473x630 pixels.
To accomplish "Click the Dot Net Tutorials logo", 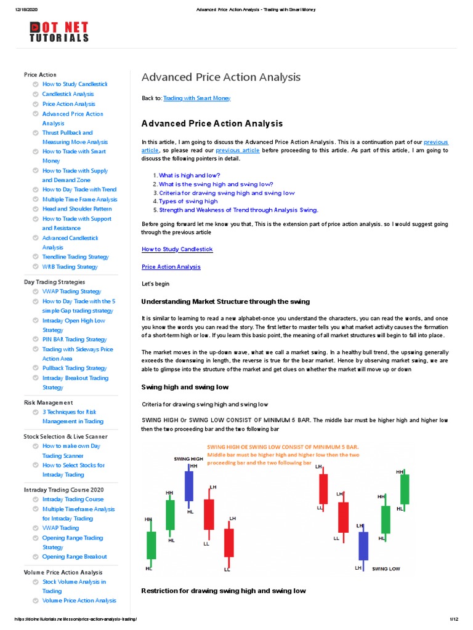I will tap(59, 31).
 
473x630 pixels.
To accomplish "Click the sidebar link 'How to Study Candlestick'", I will tap(75, 84).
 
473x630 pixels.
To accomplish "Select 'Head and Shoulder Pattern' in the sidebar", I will tap(77, 209).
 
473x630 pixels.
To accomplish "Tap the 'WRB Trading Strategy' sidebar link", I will tap(70, 267).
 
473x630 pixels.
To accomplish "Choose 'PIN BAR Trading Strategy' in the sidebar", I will tap(75, 340).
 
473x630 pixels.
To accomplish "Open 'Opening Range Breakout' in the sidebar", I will tap(75, 557).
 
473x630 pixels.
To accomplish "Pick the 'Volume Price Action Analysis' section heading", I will tap(63, 572).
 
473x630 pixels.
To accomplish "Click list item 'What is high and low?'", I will tap(189, 175).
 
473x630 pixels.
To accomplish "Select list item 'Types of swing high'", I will tap(188, 201).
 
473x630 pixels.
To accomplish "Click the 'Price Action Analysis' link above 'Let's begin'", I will tap(171, 267).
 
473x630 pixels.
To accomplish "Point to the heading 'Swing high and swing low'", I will tap(185, 387).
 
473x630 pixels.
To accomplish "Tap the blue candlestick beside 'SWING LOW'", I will tap(363, 546).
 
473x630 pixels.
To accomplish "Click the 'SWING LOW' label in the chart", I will tap(386, 568).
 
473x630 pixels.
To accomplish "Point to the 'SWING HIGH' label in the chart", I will tap(188, 459).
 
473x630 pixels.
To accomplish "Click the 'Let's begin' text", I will tap(155, 284).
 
